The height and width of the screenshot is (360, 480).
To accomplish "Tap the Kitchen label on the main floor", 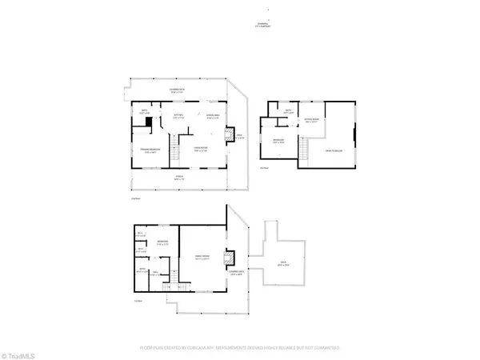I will click(179, 117).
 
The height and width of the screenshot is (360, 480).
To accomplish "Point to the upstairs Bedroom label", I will click(280, 141).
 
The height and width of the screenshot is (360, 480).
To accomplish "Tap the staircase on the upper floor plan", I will click(305, 148).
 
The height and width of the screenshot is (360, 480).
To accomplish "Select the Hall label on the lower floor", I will click(168, 274).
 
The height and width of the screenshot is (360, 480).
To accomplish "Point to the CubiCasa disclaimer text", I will click(240, 349).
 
